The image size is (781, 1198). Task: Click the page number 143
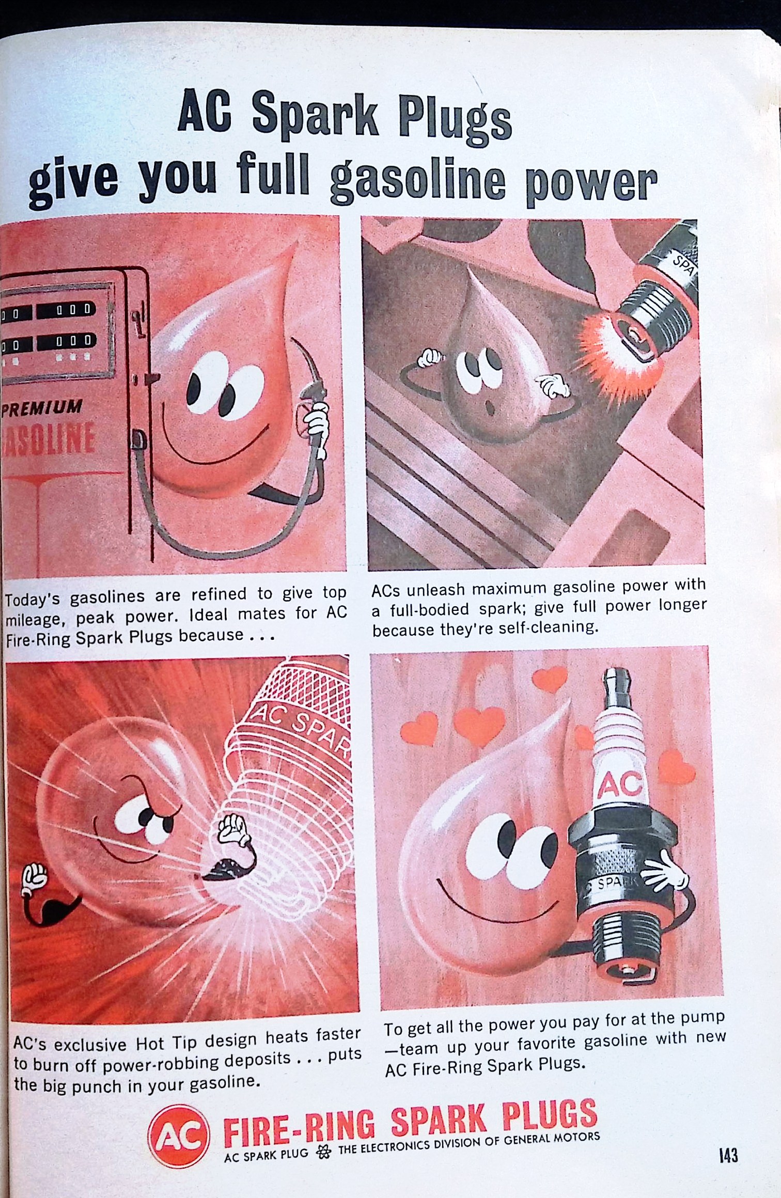click(x=727, y=1155)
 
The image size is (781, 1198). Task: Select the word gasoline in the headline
click(x=417, y=181)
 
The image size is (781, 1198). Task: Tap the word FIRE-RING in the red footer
click(x=300, y=1131)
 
